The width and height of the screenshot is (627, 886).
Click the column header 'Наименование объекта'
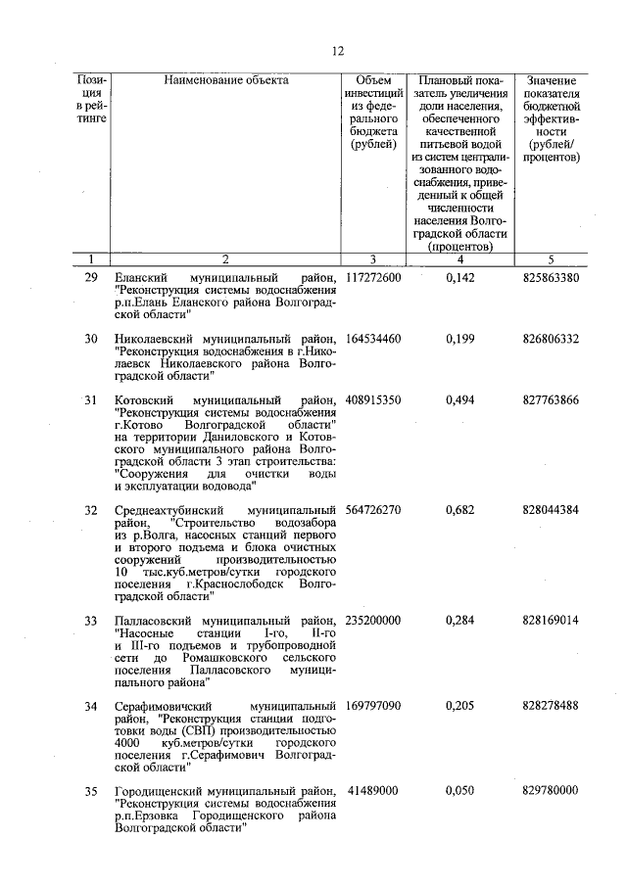(226, 80)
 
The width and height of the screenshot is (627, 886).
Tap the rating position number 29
(91, 278)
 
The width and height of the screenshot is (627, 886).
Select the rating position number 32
(91, 511)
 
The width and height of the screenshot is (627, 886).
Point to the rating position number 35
(91, 791)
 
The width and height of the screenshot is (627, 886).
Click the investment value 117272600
(373, 278)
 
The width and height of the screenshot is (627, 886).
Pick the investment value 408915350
(373, 401)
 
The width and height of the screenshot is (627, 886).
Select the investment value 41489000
(373, 791)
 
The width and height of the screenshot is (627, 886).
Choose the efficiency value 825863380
(551, 278)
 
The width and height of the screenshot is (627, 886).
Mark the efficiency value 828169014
(551, 621)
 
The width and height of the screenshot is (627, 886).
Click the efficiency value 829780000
(551, 791)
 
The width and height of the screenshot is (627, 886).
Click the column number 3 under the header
(373, 259)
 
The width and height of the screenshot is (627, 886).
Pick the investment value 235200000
(373, 621)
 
